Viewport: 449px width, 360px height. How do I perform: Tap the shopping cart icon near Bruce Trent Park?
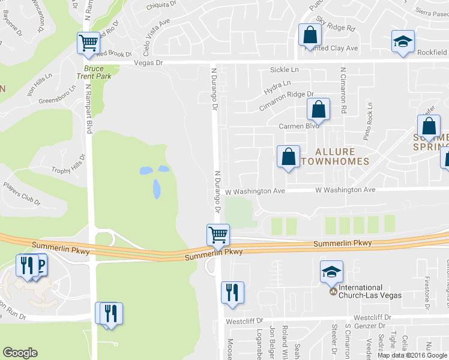pos(88,43)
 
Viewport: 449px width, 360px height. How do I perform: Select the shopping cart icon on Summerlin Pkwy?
pos(217,234)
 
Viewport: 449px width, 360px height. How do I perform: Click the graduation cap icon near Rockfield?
pos(403,41)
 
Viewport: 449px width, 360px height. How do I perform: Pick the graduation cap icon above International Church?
pos(331,272)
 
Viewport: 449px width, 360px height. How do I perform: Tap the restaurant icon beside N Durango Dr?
pos(232,292)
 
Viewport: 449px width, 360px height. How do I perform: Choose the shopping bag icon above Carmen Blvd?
pos(318,110)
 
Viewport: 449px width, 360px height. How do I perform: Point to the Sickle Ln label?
pos(284,70)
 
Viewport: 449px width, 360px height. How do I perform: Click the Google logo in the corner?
pos(20,352)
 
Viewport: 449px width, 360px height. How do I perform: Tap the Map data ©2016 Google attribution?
pos(412,355)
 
